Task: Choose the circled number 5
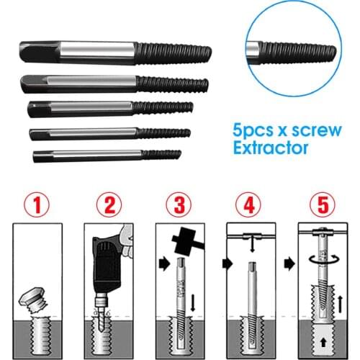(321, 204)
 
